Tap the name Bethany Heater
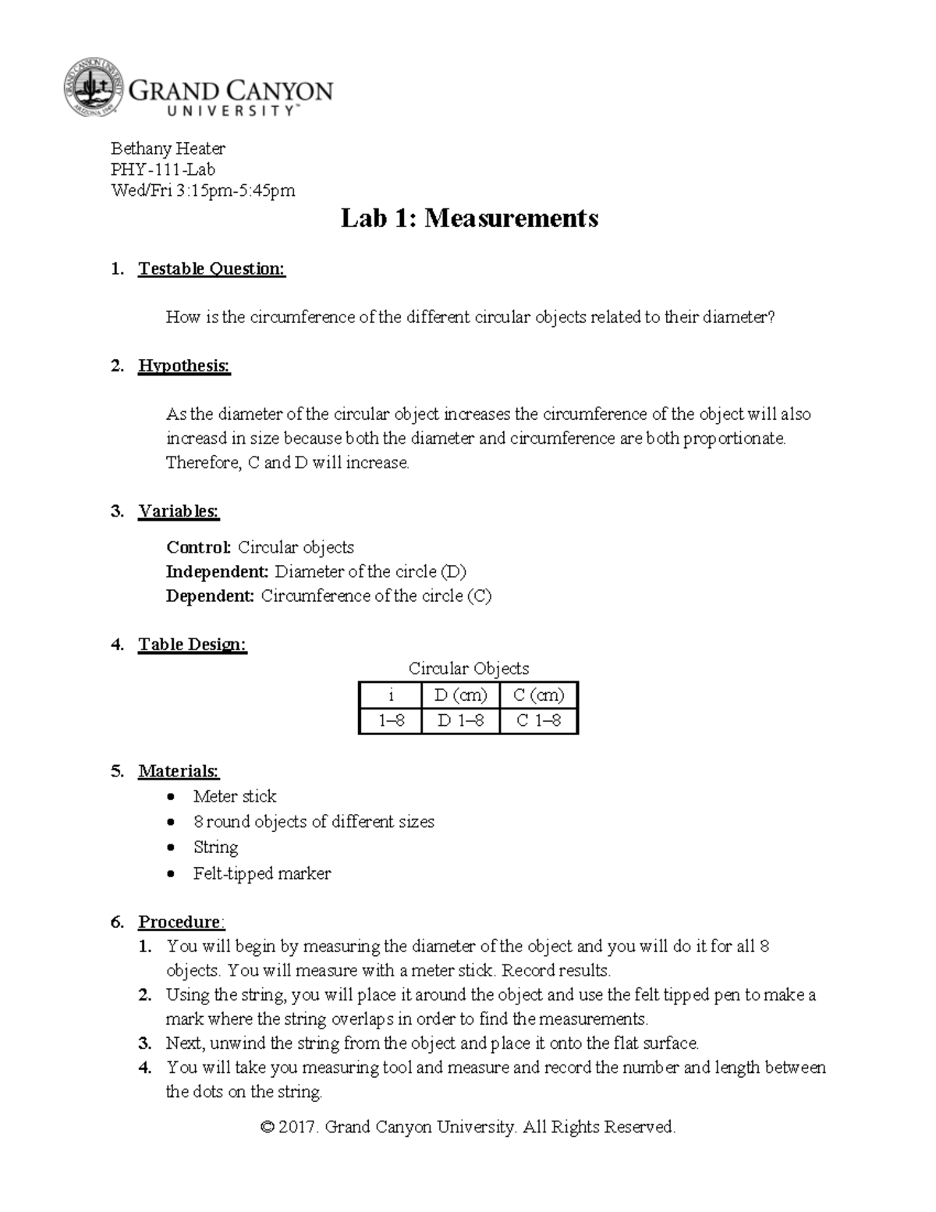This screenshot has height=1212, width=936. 168,148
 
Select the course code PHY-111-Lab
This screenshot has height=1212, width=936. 163,169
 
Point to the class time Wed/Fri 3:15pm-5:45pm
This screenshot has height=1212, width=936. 203,190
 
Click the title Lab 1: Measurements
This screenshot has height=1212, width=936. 469,219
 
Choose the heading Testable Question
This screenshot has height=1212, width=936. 211,269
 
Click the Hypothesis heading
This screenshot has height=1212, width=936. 184,366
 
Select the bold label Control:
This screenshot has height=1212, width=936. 199,548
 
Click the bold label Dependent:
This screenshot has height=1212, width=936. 210,596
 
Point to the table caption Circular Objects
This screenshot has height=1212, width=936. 469,669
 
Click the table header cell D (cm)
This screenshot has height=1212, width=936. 460,695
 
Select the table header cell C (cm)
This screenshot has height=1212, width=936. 538,695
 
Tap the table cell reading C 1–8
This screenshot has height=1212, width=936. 538,721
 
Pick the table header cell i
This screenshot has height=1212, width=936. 391,695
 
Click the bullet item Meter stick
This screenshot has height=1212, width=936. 235,797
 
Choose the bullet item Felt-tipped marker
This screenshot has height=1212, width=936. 262,874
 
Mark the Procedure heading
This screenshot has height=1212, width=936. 179,922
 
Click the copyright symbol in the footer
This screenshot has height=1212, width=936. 268,1128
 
